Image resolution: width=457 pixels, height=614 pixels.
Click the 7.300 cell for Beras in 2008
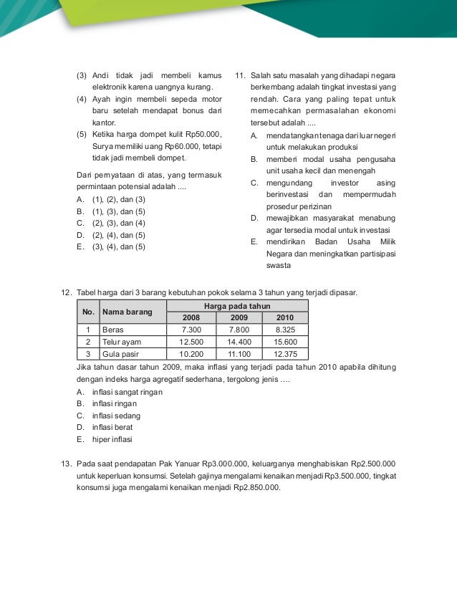191,330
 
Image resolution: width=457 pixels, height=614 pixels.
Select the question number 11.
240,75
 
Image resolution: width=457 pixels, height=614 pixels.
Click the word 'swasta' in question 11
279,265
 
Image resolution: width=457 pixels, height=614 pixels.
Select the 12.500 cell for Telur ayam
191,342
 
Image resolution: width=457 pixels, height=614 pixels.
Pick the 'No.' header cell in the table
87,312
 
